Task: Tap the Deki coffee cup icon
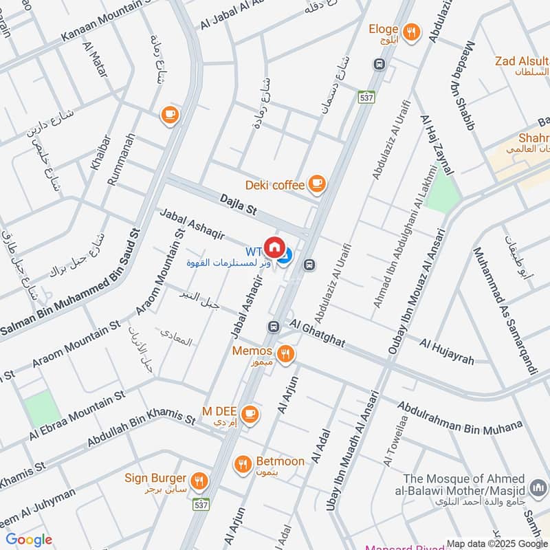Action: [316, 184]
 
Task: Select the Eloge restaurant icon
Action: [412, 31]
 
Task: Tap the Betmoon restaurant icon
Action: [242, 464]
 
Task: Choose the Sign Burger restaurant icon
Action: [199, 479]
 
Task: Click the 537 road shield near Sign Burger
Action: [201, 505]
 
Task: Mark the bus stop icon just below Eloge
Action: [378, 64]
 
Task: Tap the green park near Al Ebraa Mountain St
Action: [43, 408]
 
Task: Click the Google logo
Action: [28, 540]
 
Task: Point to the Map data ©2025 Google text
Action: [496, 542]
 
